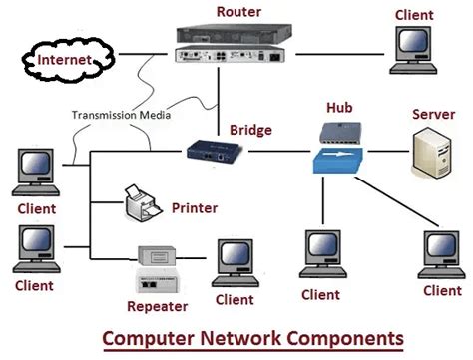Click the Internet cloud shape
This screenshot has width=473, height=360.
[x=62, y=60]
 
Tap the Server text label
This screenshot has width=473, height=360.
[x=433, y=115]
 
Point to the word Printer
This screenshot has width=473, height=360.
[x=194, y=208]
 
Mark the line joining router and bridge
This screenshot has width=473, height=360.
[x=219, y=105]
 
